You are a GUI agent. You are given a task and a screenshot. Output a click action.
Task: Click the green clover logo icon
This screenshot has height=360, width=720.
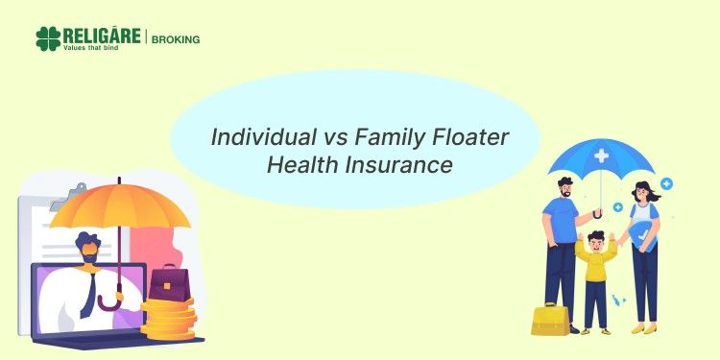pos(48,38)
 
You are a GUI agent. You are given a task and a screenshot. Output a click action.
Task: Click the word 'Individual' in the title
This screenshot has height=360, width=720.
pos(258,136)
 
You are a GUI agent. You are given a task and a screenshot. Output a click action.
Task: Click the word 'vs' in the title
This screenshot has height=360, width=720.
pos(329,136)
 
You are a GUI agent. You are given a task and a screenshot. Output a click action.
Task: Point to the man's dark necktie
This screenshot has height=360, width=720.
pos(88,293)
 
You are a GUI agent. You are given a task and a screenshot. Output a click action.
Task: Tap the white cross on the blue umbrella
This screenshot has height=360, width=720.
pos(601,155)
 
